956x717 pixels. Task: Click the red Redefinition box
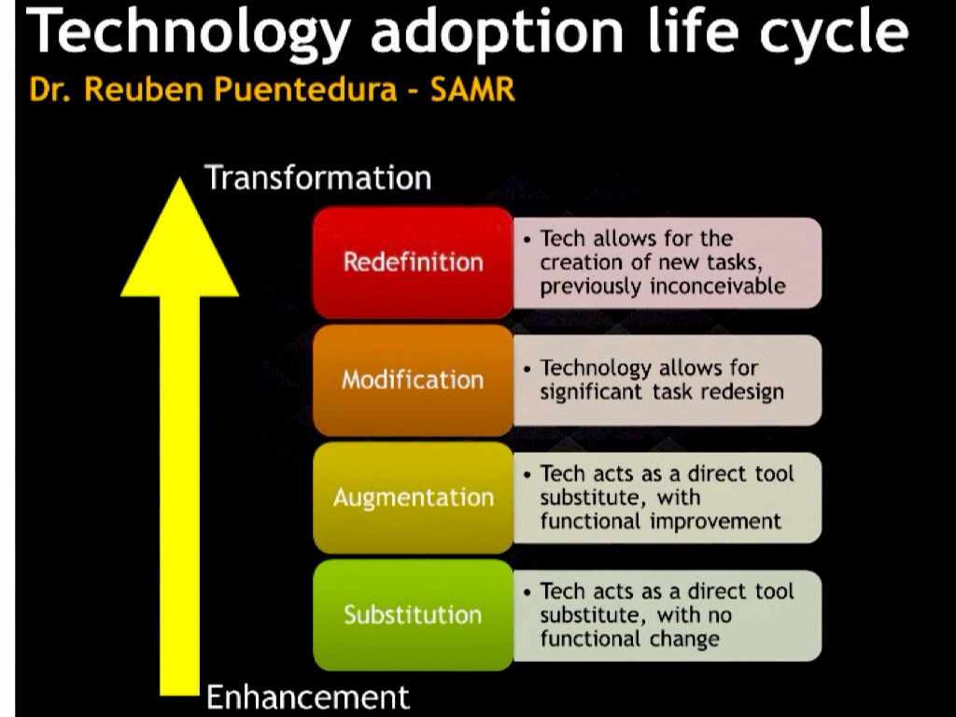(x=413, y=262)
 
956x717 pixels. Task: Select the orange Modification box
(x=413, y=380)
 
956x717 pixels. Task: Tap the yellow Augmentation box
(x=413, y=498)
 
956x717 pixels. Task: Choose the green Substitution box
(x=413, y=614)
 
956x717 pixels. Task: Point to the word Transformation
(x=318, y=178)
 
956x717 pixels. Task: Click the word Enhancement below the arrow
(x=308, y=696)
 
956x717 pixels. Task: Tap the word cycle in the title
(x=834, y=33)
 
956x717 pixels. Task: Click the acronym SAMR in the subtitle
(x=472, y=90)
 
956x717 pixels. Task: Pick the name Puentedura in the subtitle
(x=305, y=90)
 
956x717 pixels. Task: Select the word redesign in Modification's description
(x=742, y=392)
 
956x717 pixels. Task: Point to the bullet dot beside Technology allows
(x=527, y=369)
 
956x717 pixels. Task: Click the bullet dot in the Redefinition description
(x=527, y=239)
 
